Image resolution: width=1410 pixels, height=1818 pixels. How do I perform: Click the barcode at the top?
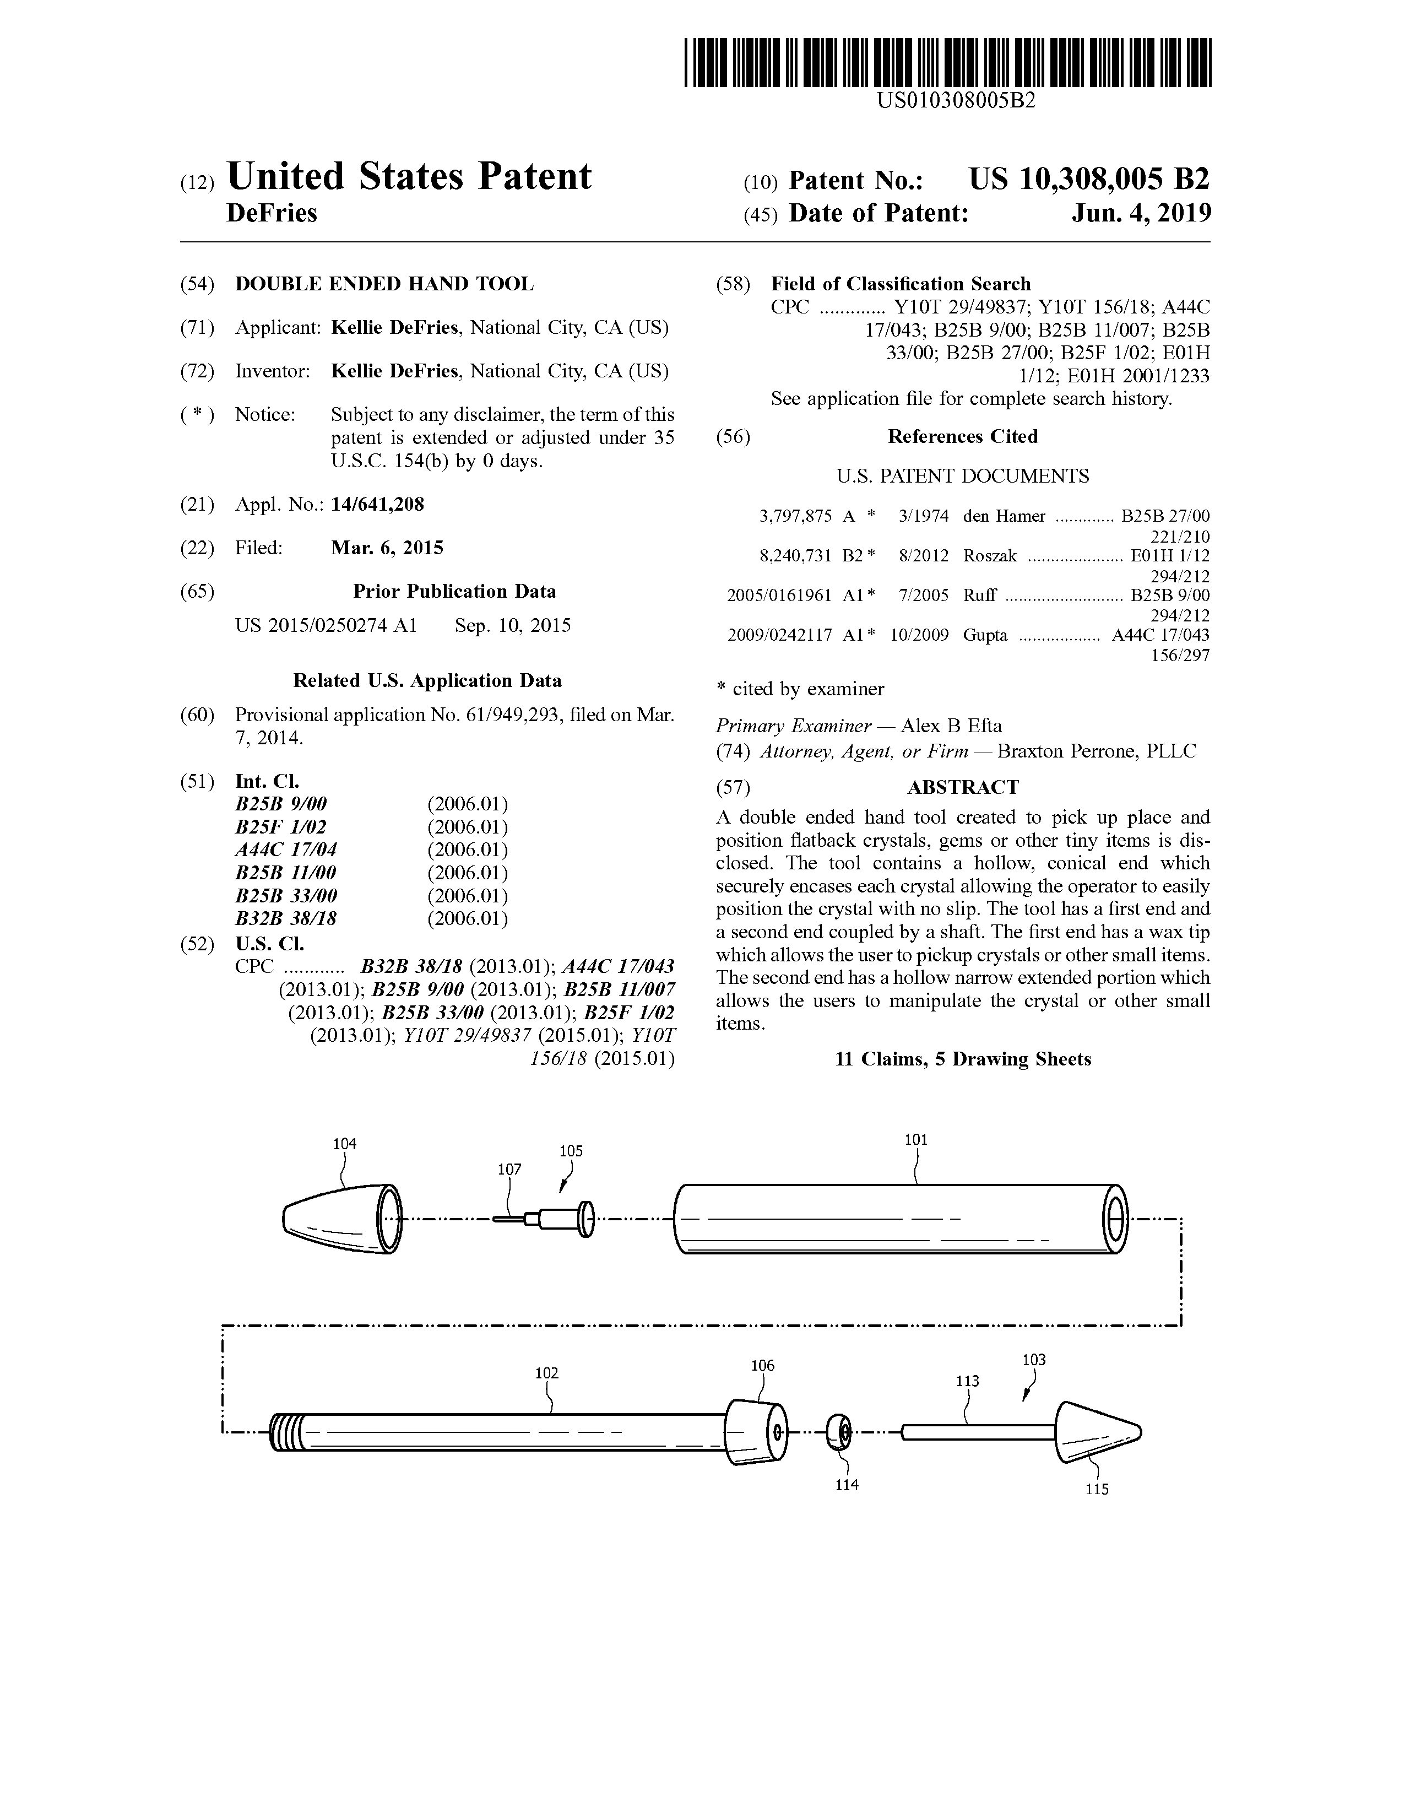coord(947,62)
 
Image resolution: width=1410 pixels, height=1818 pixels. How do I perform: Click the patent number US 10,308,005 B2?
coord(1089,180)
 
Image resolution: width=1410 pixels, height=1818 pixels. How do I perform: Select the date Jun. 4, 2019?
coord(1141,214)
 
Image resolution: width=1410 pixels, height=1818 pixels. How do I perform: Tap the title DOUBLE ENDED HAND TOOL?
coord(384,284)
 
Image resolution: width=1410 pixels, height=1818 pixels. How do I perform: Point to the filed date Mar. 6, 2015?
coord(387,548)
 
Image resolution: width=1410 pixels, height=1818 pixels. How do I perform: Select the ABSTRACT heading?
coord(962,787)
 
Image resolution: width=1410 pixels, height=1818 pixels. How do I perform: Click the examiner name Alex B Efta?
coord(951,726)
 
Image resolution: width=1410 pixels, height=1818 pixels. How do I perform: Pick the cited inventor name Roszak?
coord(990,556)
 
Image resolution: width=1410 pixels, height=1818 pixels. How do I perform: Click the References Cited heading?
coord(962,437)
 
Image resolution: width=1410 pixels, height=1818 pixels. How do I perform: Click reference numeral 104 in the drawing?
coord(345,1144)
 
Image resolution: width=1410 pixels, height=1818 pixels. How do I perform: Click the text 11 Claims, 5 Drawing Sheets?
coord(962,1059)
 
